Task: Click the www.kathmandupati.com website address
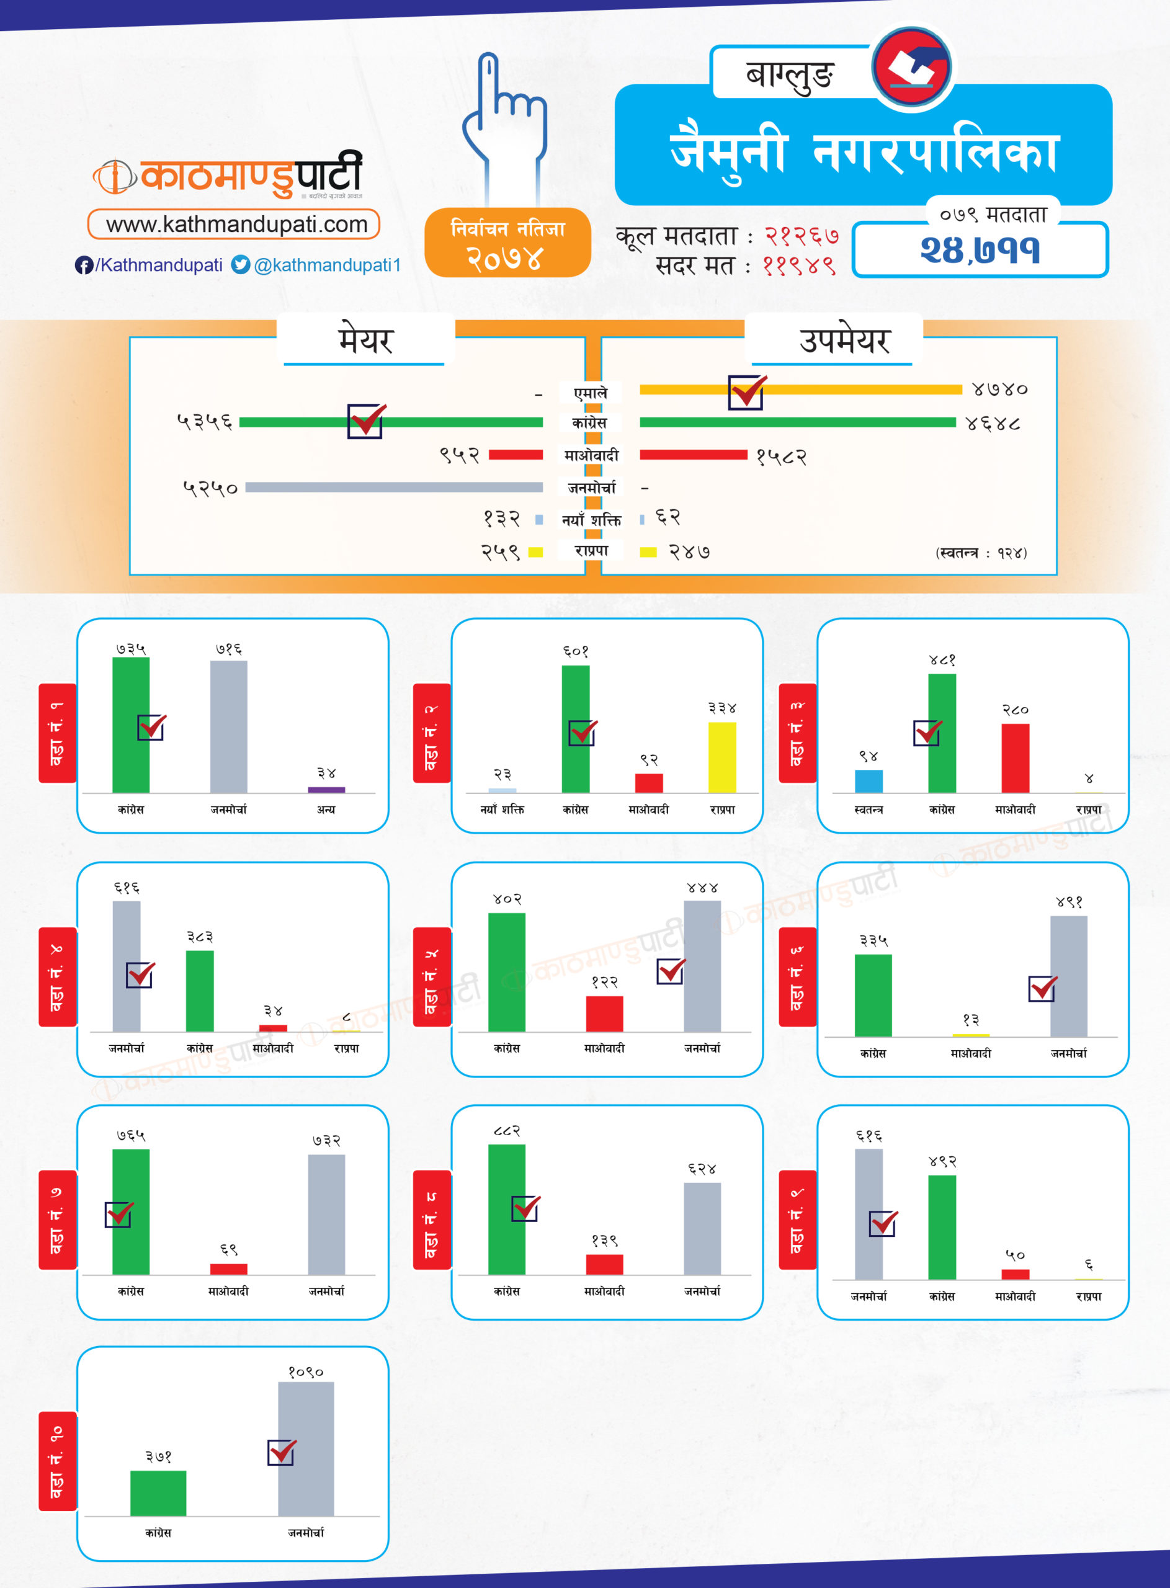pos(236,225)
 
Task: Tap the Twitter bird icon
pos(241,265)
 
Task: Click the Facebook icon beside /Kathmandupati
pos(84,265)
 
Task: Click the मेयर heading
pos(365,341)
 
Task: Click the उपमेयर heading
pos(844,341)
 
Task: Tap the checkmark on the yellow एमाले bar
pos(746,391)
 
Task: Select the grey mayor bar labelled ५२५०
pos(394,487)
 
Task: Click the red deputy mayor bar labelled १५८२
pos(693,455)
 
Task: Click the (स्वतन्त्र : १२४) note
pos(981,552)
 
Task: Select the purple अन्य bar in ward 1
pos(326,790)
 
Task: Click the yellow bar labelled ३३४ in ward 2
pos(721,757)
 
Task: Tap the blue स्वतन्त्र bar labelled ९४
pos(869,781)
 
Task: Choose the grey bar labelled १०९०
pos(305,1448)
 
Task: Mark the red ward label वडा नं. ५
pos(431,976)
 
